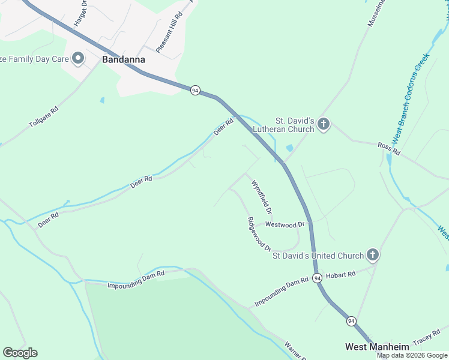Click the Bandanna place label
point(123,59)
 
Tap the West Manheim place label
point(377,347)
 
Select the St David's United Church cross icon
point(373,256)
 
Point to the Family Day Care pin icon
point(78,59)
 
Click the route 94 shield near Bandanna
point(195,90)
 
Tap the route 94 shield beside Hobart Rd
point(317,278)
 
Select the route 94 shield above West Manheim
point(351,322)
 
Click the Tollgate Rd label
point(44,118)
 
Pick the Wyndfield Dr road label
point(262,197)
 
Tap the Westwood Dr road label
point(285,225)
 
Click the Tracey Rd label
point(427,339)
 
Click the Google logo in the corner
point(20,353)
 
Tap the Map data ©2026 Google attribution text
point(412,355)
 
